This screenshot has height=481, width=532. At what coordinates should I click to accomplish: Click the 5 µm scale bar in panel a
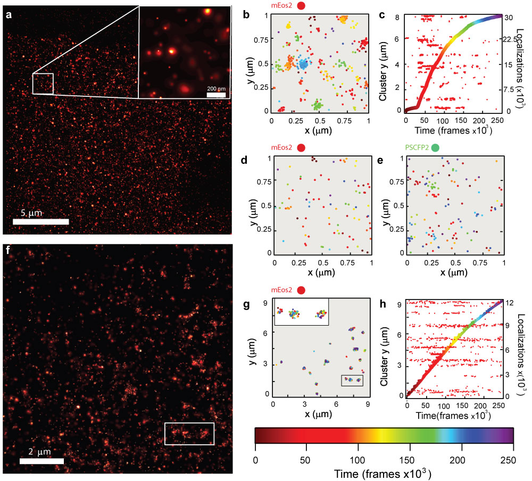point(41,221)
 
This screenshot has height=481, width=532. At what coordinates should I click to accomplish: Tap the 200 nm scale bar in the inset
point(216,95)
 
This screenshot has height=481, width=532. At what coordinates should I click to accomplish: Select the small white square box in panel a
point(43,84)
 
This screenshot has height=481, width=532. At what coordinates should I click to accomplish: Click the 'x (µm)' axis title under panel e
point(451,272)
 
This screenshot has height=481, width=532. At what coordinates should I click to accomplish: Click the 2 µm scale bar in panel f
point(41,461)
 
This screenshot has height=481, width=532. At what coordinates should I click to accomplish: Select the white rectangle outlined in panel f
point(189,433)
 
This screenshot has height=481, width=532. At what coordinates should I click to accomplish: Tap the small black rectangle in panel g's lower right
point(352,380)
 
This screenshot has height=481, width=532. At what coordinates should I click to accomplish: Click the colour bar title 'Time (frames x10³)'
point(385,471)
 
